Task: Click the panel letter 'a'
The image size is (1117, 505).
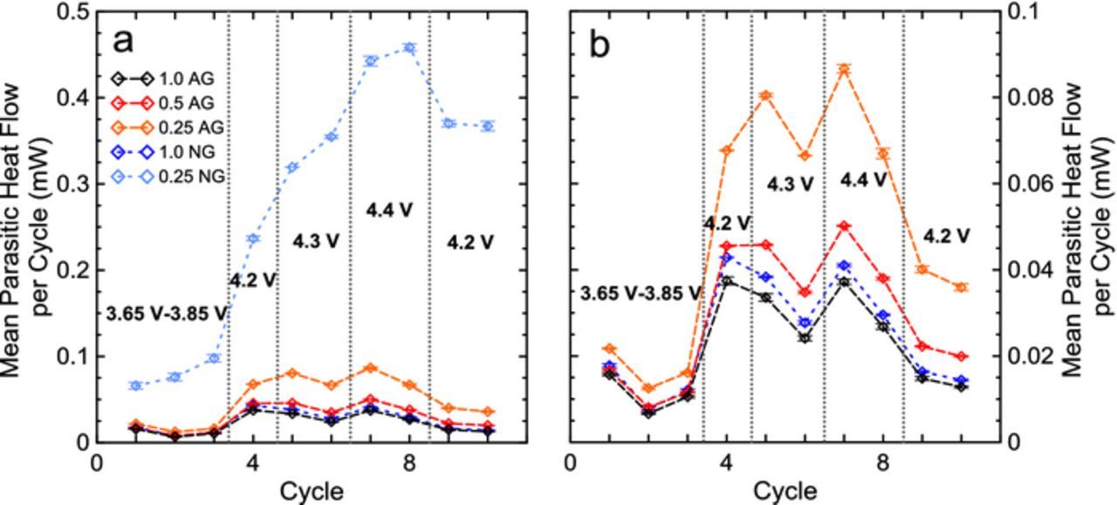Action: tap(126, 42)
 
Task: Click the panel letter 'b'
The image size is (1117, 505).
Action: tap(600, 43)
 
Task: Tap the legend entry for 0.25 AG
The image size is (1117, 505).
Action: tap(187, 128)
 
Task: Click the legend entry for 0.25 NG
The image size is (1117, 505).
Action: tap(187, 176)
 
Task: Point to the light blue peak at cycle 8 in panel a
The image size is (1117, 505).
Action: tap(409, 47)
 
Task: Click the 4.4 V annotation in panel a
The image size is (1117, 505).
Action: tap(389, 210)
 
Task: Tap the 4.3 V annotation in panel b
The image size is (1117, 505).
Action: tap(790, 184)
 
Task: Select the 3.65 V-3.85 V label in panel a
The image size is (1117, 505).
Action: tap(167, 313)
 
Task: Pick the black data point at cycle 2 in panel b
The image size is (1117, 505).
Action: tap(648, 412)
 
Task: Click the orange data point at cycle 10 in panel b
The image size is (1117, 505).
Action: tap(961, 287)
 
